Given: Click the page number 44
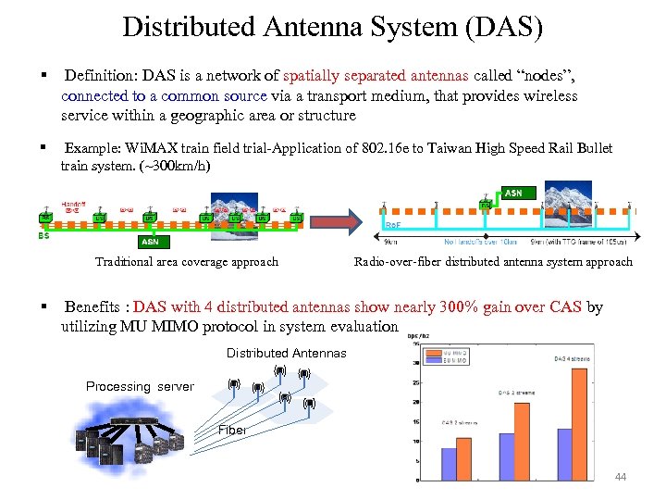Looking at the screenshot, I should click(x=621, y=477).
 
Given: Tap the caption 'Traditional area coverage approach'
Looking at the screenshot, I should click(x=186, y=262).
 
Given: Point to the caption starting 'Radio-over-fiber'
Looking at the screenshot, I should click(x=493, y=262).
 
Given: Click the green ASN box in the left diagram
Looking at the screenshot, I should click(x=149, y=242).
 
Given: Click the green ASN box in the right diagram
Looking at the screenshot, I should click(x=512, y=194).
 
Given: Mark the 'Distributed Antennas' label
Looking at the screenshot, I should click(x=286, y=353).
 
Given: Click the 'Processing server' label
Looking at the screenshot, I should click(x=140, y=386).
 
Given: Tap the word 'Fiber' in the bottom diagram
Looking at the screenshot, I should click(x=232, y=430).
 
